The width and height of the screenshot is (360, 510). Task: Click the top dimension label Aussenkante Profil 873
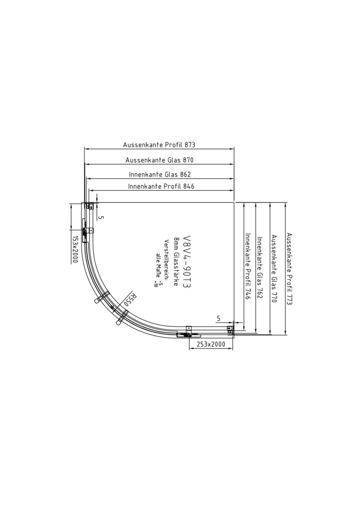point(159,145)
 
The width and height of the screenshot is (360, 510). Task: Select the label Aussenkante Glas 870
point(159,160)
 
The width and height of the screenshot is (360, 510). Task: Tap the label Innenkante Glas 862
point(159,174)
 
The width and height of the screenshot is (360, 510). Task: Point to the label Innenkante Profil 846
point(161,187)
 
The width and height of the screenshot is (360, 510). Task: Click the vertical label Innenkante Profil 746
point(247,266)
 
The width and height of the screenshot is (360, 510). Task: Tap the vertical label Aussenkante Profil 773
point(289,269)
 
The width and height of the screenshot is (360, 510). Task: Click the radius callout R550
point(130,298)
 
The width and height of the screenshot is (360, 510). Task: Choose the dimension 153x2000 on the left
point(75,249)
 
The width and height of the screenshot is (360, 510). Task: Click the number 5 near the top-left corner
point(100,217)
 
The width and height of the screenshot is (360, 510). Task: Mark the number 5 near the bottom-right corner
point(218,319)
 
